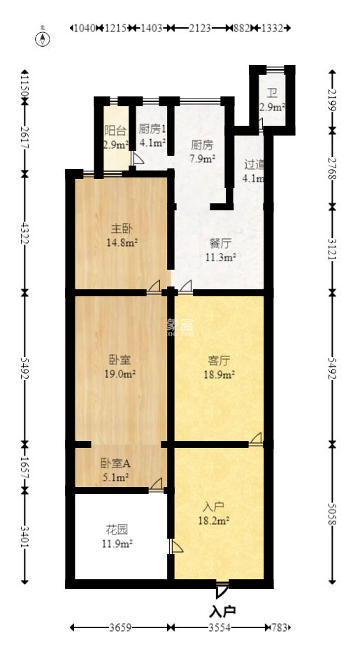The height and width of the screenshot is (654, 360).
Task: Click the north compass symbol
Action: (43, 38)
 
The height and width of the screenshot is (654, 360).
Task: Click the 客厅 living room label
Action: (219, 361)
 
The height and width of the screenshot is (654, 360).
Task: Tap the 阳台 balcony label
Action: (115, 131)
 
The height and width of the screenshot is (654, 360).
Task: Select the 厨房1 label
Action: (152, 129)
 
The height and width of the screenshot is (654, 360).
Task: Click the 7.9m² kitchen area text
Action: (202, 158)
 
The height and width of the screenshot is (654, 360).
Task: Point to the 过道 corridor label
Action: (254, 165)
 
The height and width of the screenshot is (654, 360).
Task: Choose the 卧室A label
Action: (115, 463)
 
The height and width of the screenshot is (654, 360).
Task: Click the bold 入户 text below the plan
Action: (222, 611)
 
